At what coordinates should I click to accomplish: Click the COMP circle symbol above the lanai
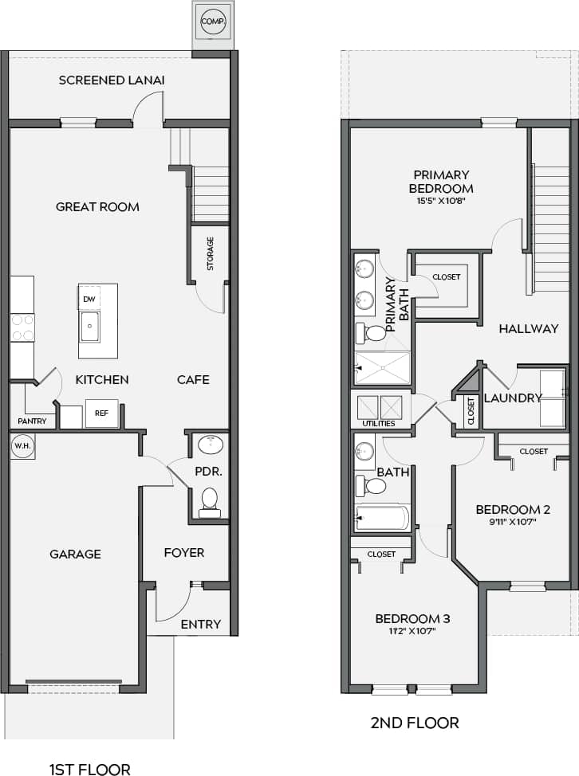(x=213, y=21)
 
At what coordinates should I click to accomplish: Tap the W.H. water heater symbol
(x=22, y=446)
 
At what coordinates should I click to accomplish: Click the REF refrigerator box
(x=101, y=413)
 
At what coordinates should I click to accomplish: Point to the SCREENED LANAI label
(x=103, y=80)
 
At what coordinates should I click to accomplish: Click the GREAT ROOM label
(x=97, y=207)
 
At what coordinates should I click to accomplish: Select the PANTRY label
(x=33, y=421)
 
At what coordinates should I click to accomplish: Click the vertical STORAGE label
(x=211, y=253)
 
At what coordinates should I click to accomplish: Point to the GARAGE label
(x=75, y=554)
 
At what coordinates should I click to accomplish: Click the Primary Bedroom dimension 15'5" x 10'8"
(x=440, y=202)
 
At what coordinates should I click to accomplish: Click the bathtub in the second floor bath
(x=383, y=518)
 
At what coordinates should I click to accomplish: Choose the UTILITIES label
(x=379, y=424)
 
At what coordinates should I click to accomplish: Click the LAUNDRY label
(x=513, y=398)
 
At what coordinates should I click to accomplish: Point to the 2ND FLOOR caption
(x=415, y=723)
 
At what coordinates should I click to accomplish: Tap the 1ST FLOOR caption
(x=89, y=770)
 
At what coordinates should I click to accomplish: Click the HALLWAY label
(x=529, y=328)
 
